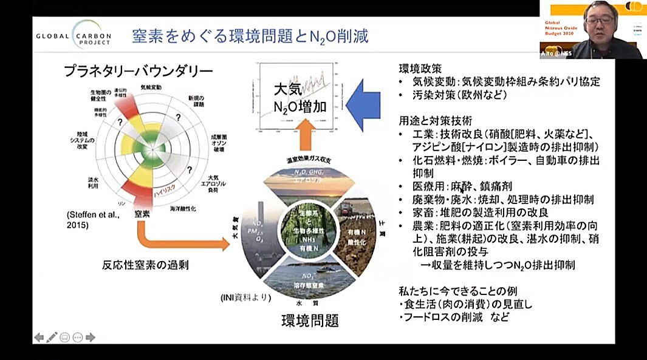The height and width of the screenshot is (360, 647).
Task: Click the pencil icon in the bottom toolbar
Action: tap(52, 337)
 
